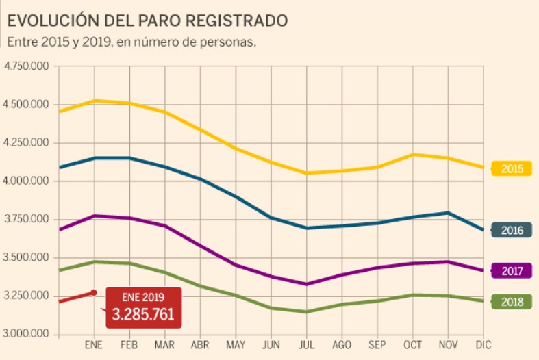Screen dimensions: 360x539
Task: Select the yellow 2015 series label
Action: [x=512, y=168]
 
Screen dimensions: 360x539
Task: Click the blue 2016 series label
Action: [x=512, y=230]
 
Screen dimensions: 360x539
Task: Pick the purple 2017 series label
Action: [x=512, y=271]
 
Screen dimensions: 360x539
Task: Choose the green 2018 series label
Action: [x=512, y=301]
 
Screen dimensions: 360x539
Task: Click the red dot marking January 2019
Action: [x=94, y=293]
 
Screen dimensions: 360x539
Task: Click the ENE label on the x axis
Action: [x=94, y=345]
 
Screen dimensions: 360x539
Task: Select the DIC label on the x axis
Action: [x=484, y=345]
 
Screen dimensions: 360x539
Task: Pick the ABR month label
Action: [x=200, y=345]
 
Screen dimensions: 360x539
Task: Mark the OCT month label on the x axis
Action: [x=413, y=345]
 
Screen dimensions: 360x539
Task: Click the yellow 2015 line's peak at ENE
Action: [x=94, y=101]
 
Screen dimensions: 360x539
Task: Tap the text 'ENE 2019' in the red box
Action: [x=143, y=298]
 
